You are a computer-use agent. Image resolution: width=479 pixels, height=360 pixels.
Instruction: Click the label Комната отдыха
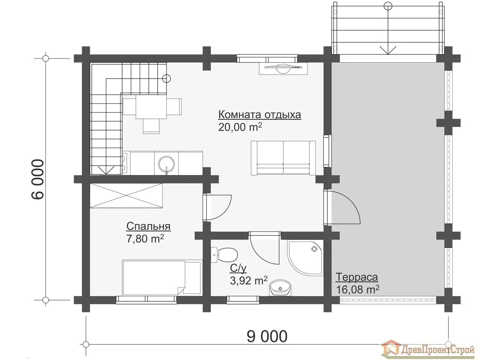259,115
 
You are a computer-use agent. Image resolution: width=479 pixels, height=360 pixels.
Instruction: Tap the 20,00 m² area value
240,127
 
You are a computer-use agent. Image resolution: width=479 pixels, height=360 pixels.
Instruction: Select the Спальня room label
148,226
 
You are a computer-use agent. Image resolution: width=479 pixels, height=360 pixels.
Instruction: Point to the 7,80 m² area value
145,239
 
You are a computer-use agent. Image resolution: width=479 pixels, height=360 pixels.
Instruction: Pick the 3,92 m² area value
249,281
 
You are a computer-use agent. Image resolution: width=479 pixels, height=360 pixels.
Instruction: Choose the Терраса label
357,277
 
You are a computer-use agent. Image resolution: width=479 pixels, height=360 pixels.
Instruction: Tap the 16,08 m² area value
358,289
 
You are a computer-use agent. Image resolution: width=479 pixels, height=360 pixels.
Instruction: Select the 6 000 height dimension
38,179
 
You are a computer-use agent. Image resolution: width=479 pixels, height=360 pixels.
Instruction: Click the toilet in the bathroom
224,255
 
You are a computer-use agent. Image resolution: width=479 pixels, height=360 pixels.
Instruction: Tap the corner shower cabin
305,261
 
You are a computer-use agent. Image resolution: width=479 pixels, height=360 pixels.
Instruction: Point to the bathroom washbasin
281,288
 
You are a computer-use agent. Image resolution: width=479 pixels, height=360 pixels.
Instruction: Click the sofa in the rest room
283,158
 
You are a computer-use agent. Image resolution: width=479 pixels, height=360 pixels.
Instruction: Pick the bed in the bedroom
162,277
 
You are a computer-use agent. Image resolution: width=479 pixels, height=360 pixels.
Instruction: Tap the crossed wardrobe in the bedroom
127,196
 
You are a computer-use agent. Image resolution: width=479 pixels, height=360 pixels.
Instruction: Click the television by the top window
283,69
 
